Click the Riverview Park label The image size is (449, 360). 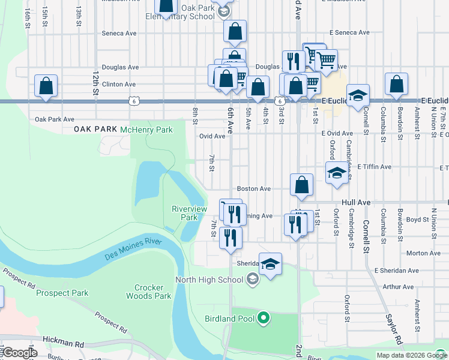tap(189, 213)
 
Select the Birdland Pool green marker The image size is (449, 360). tap(263, 318)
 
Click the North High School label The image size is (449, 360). tap(209, 280)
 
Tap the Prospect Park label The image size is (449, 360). tap(62, 293)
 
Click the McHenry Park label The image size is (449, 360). tap(146, 130)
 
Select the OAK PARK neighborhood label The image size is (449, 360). tap(95, 130)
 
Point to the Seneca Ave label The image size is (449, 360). tap(119, 34)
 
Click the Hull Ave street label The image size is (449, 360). tap(357, 203)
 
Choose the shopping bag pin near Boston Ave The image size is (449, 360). tap(301, 185)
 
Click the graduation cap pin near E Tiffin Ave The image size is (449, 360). tap(337, 173)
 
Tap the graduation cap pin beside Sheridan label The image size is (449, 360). tap(270, 264)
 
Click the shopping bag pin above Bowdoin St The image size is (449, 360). tap(396, 85)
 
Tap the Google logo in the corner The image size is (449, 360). tap(19, 353)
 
